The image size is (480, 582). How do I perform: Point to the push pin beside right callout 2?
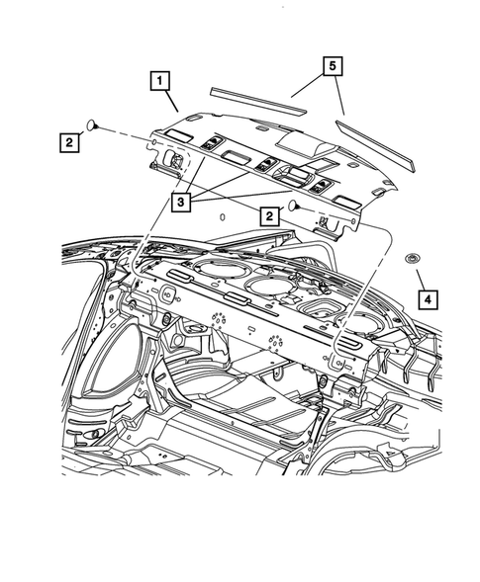point(294,207)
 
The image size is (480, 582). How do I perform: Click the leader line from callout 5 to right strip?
point(339,98)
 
